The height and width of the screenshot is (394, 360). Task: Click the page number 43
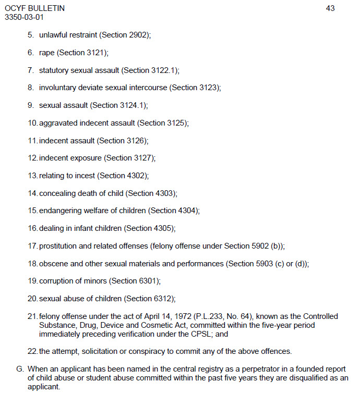(x=330, y=8)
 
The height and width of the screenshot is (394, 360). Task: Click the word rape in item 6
(x=47, y=53)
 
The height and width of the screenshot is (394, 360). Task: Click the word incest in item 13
(x=84, y=176)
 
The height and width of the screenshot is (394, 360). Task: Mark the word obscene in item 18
(x=54, y=264)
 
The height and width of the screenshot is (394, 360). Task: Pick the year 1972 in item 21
(x=180, y=316)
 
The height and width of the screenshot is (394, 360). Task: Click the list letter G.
(x=20, y=369)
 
